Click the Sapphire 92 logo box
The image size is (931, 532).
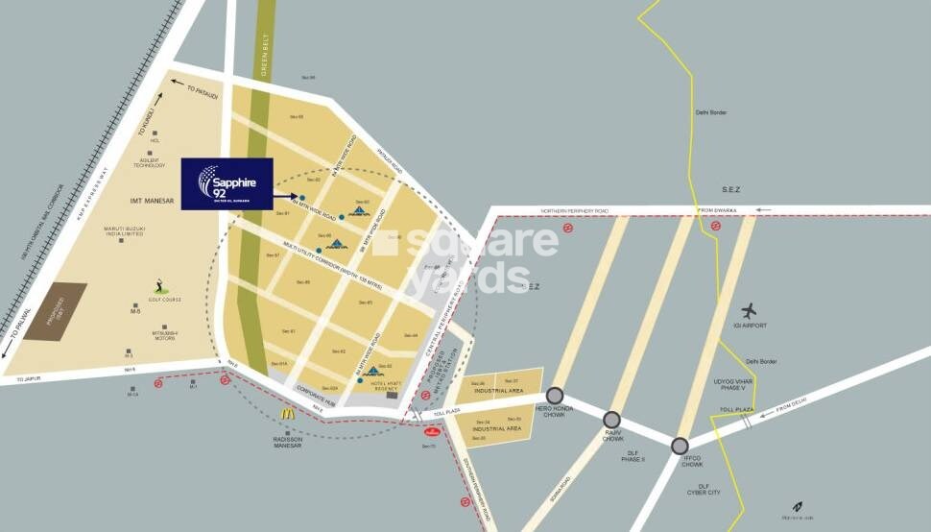227,183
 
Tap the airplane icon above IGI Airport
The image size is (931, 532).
749,311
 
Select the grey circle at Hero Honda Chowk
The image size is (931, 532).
554,395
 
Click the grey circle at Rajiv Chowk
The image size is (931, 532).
612,420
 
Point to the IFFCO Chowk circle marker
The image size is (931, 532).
680,445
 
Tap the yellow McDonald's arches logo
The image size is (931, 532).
286,413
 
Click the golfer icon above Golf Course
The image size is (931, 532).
158,285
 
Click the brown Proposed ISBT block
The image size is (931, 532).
56,311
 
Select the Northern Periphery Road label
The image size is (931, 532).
575,210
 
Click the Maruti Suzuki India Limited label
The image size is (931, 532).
125,231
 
